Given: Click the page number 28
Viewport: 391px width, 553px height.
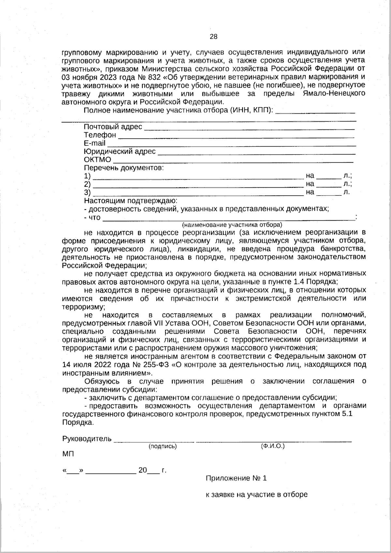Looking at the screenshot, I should [x=213, y=36].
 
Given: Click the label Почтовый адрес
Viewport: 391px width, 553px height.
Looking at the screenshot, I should [x=113, y=127].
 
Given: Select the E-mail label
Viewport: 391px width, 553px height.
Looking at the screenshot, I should [x=94, y=143].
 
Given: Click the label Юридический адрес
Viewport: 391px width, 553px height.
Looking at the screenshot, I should [x=120, y=152].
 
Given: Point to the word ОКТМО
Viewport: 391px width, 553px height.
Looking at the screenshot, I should [x=97, y=160].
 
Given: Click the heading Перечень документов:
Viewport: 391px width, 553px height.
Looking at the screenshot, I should [x=124, y=168].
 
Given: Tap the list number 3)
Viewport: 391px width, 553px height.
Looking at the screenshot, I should [x=87, y=192].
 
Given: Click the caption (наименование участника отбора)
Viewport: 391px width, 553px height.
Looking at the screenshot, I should [x=232, y=225].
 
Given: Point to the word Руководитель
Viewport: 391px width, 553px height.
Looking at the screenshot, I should [x=87, y=439].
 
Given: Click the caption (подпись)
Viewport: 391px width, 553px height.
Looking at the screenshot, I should [x=162, y=446].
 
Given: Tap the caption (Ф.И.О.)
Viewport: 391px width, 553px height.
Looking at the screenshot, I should [x=273, y=446].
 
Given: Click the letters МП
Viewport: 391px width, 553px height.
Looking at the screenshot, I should [x=68, y=454].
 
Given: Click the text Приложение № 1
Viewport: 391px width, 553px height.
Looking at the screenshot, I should [x=236, y=478].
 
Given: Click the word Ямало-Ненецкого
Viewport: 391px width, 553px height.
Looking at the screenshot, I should [x=334, y=94].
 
